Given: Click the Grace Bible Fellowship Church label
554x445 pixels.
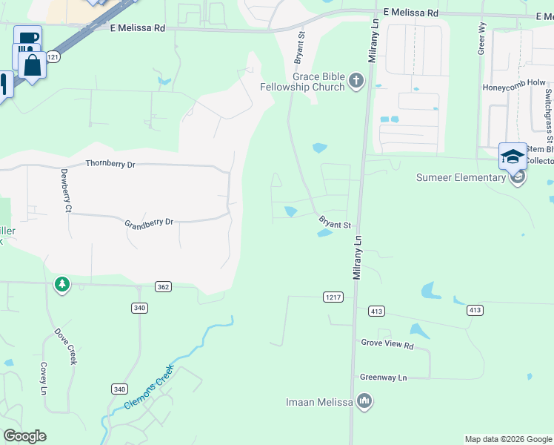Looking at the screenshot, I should (x=318, y=82).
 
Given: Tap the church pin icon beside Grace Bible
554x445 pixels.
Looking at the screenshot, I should (x=356, y=80).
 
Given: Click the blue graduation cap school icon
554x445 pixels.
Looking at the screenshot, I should (x=513, y=156).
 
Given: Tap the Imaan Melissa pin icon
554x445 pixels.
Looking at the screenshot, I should (x=364, y=402).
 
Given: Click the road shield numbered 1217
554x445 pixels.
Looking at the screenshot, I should (x=333, y=297).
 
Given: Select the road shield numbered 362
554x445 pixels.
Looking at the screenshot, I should (x=164, y=286).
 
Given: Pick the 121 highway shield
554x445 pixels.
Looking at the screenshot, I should (x=52, y=56).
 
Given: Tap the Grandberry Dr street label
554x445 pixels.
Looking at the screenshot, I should (x=148, y=222).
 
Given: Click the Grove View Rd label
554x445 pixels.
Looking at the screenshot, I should (x=387, y=344).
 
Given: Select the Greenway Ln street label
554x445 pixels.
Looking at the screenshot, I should (x=384, y=378).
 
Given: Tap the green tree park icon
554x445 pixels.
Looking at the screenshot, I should (x=62, y=284).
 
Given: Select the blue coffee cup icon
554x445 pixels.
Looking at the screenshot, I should (x=27, y=39).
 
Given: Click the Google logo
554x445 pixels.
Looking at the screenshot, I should (x=24, y=436).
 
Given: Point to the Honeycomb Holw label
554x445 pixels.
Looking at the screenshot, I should (x=514, y=86).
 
